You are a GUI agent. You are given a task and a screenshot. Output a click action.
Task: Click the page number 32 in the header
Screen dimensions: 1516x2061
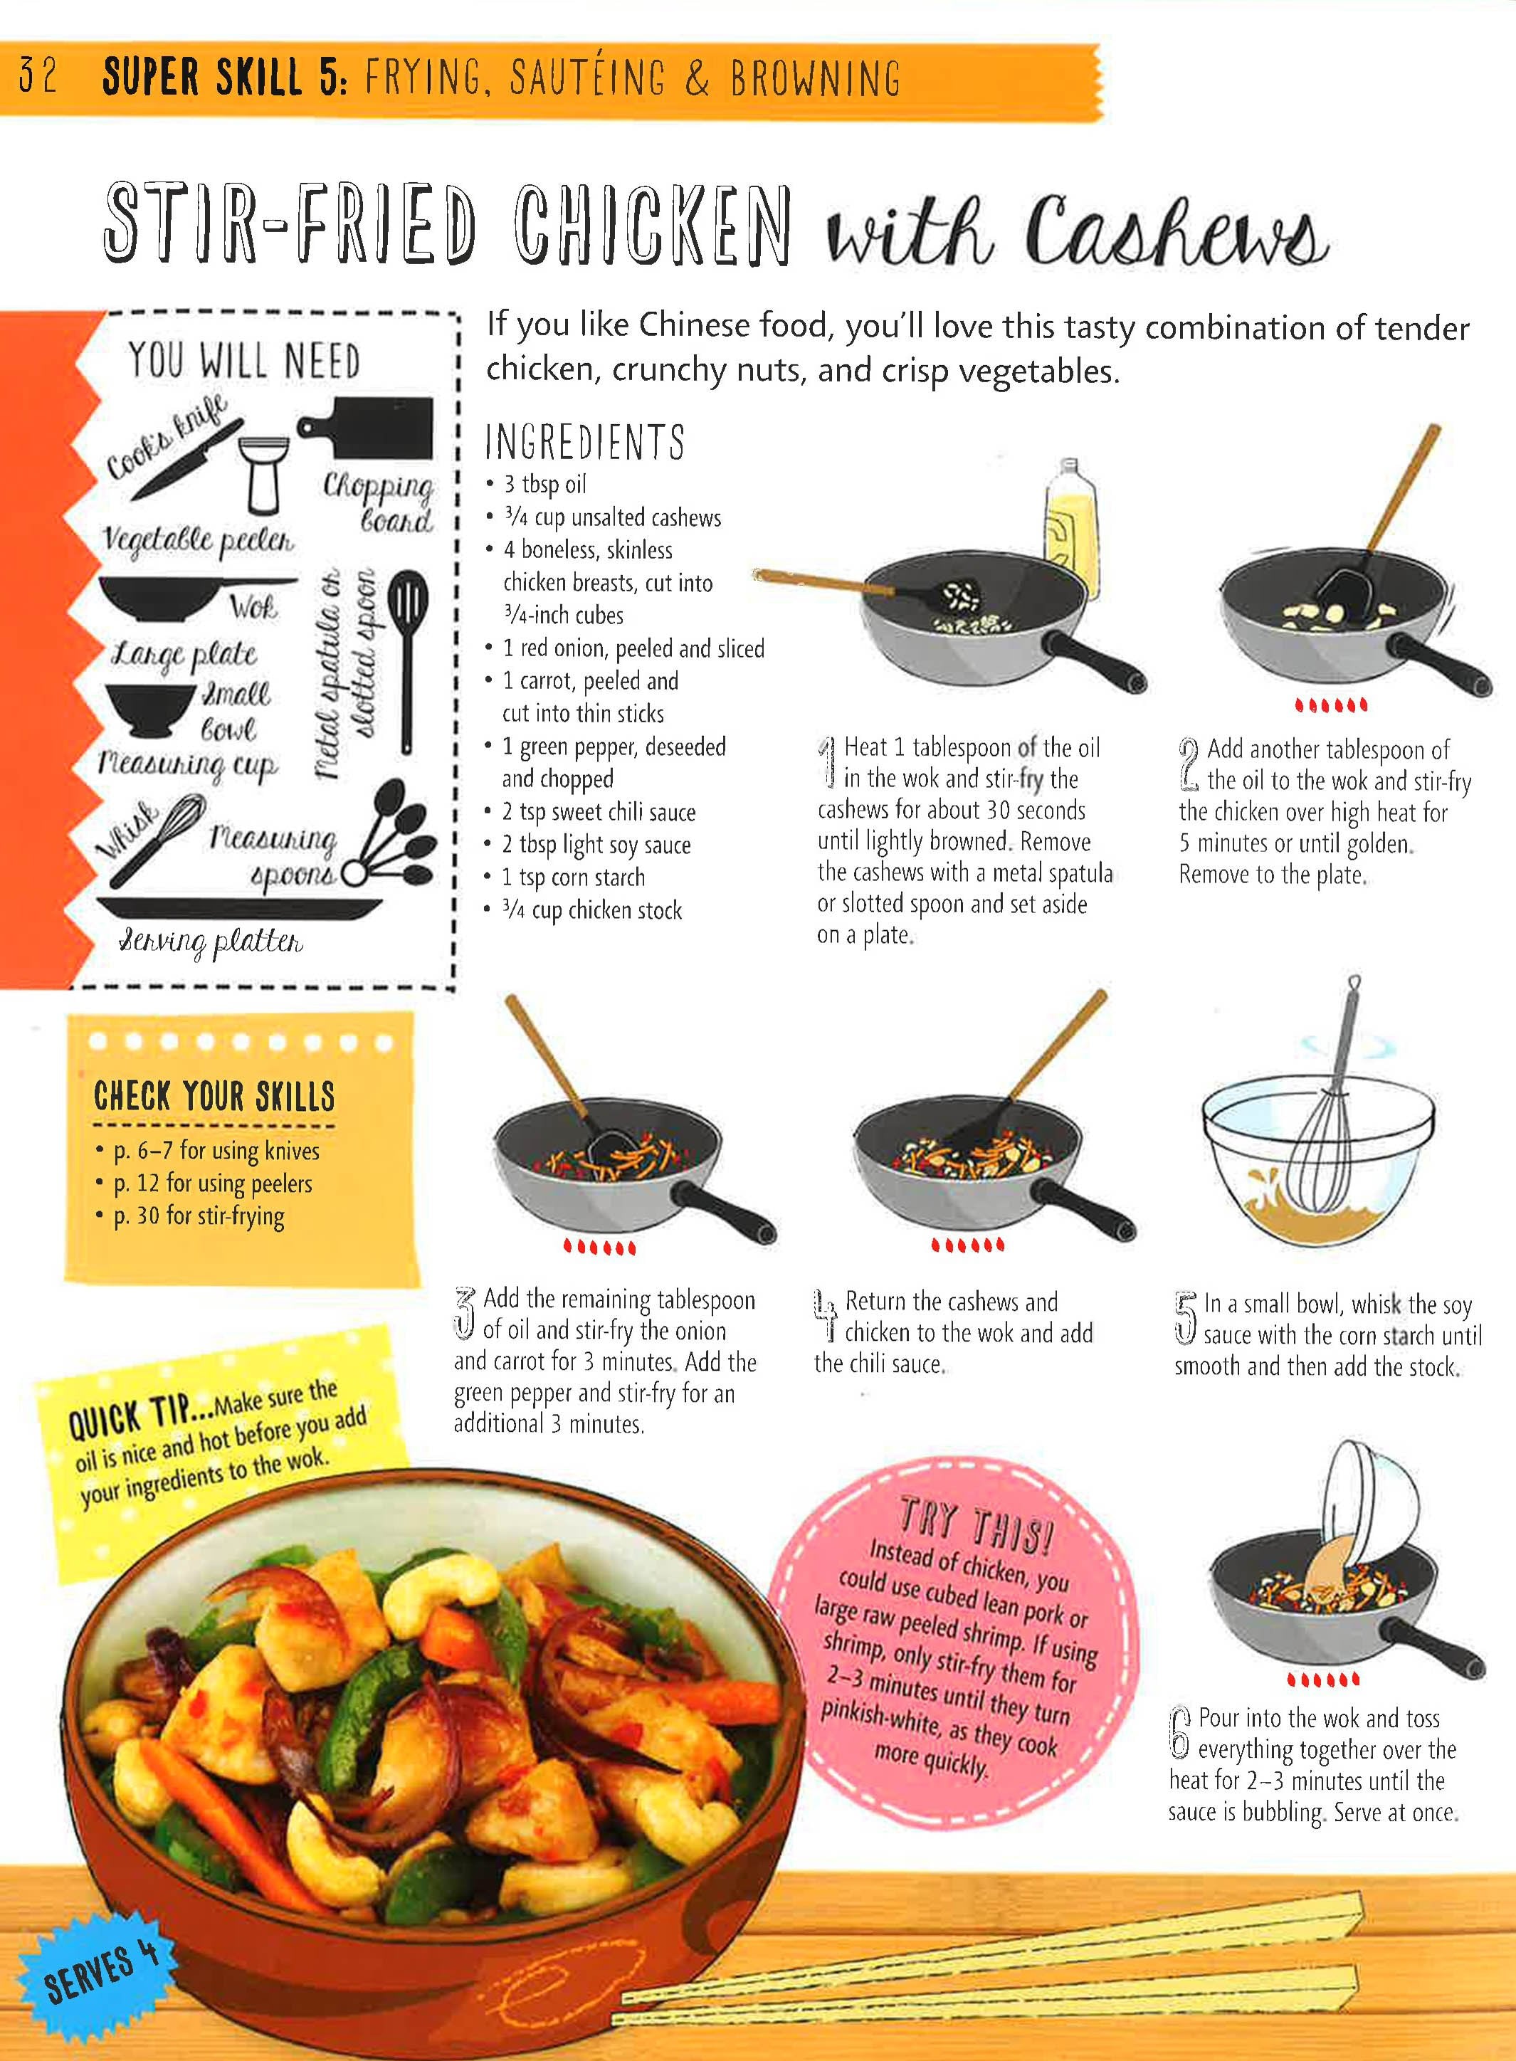38,76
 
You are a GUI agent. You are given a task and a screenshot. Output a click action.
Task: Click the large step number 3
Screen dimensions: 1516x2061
465,1313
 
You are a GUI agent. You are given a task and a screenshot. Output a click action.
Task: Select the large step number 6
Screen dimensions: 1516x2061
1181,1731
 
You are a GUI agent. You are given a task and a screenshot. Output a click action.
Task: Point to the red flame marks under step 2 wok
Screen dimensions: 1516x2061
1331,705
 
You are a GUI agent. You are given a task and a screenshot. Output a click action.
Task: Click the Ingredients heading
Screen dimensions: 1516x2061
584,441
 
